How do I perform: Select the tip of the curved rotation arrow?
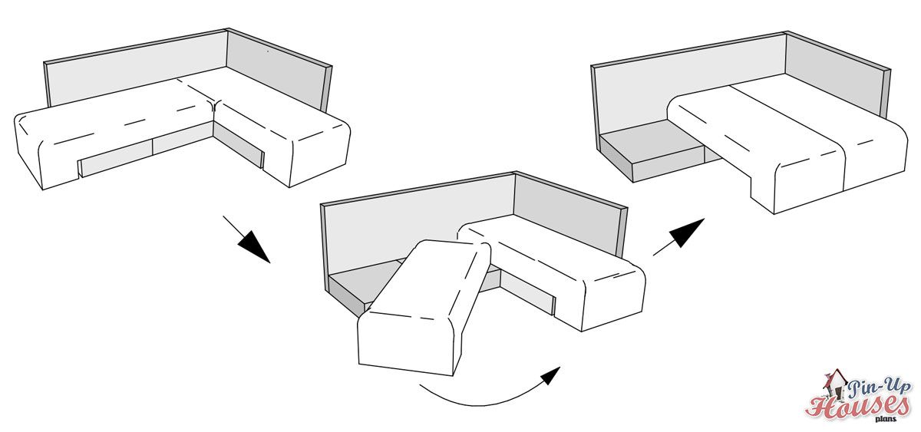[x=560, y=367]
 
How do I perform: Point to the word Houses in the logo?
[x=857, y=408]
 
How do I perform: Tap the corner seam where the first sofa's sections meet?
[x=214, y=107]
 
